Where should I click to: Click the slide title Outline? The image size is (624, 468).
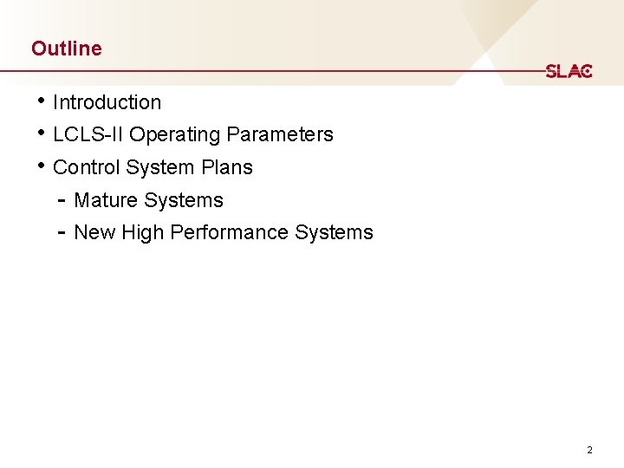(x=66, y=49)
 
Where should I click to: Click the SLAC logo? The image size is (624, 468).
(x=569, y=71)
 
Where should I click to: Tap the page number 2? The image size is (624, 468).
(x=589, y=450)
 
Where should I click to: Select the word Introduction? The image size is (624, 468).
(x=107, y=102)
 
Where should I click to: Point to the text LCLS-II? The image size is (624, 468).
(x=88, y=134)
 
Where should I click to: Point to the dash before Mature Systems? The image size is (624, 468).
(x=62, y=200)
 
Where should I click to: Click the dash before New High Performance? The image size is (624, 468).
(x=62, y=232)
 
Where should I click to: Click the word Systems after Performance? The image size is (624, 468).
(x=334, y=232)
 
